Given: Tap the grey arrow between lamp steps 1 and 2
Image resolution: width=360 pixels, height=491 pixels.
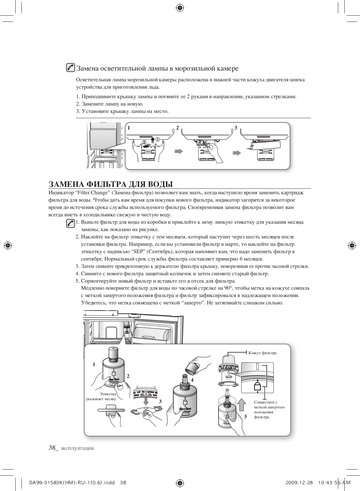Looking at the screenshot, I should pos(179,151).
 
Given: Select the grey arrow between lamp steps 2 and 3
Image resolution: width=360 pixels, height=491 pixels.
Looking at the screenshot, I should pos(237,153).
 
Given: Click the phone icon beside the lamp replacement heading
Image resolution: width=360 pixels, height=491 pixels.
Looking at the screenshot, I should pos(71,68).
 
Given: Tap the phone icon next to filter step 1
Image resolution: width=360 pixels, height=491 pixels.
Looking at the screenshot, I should pos(71,223).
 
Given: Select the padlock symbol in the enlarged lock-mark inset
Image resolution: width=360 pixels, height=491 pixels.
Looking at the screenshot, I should pos(257,386).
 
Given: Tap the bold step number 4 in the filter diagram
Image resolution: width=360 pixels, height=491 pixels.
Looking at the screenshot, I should pos(192,380).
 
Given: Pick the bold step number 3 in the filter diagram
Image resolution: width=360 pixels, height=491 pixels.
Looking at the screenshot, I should pos(160,401).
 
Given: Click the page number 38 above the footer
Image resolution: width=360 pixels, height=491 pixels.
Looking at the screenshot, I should pos(52,448).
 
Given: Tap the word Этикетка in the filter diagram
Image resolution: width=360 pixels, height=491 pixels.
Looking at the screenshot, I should pos(108,394).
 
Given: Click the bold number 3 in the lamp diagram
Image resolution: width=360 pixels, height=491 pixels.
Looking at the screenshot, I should pos(236,128).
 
